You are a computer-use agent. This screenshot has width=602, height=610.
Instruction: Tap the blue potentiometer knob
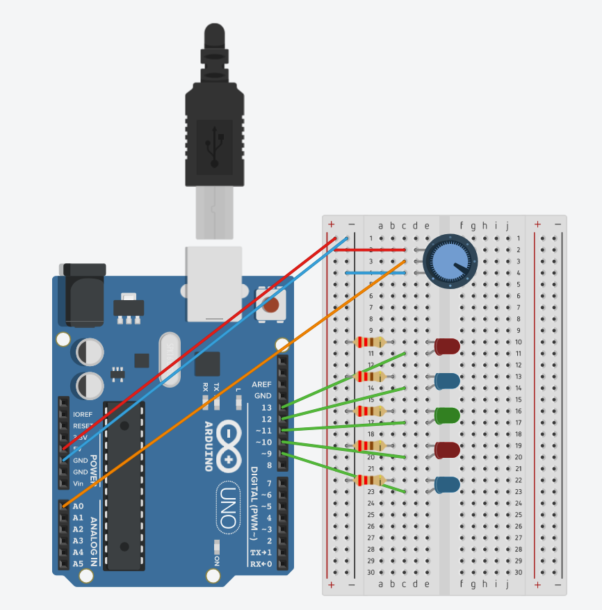(450, 261)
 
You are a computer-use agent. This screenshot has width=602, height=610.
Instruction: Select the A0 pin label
(78, 506)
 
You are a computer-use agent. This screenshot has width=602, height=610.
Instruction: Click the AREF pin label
(262, 384)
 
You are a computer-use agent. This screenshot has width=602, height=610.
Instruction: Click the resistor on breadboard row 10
(369, 342)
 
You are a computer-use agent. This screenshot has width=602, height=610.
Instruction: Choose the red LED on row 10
(447, 346)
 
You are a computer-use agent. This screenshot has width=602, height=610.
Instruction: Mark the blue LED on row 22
(447, 485)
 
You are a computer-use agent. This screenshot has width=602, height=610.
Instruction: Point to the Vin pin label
(79, 484)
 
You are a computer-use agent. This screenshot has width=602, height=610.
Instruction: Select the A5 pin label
(78, 563)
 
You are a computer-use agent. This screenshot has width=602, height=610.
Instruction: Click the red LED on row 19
(447, 450)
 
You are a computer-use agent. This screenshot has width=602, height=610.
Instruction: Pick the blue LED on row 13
(447, 381)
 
